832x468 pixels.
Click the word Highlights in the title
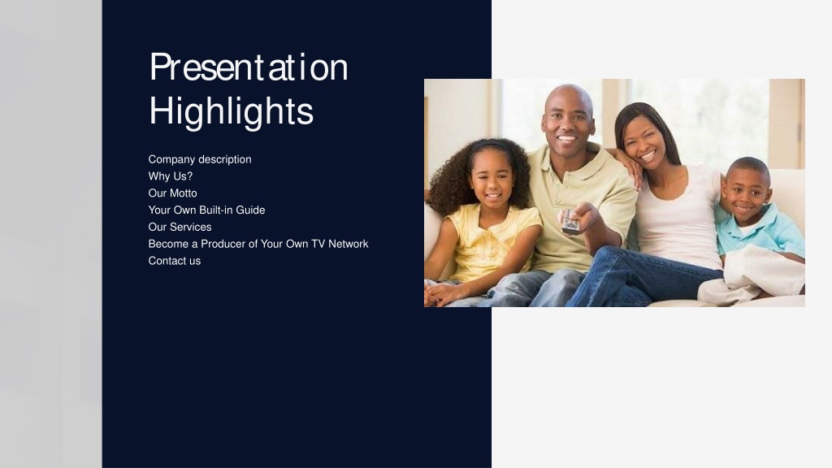click(232, 111)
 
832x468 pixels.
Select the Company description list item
click(200, 160)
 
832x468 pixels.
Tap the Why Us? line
click(171, 176)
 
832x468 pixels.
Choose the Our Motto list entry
click(172, 193)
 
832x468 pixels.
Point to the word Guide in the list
click(250, 210)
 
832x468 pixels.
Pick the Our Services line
click(180, 227)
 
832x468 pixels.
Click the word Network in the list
click(348, 244)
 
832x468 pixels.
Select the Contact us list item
click(175, 261)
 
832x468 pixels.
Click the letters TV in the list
click(318, 244)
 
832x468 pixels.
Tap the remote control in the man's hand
click(570, 222)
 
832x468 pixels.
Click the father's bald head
click(569, 97)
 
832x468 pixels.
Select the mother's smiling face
click(643, 143)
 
